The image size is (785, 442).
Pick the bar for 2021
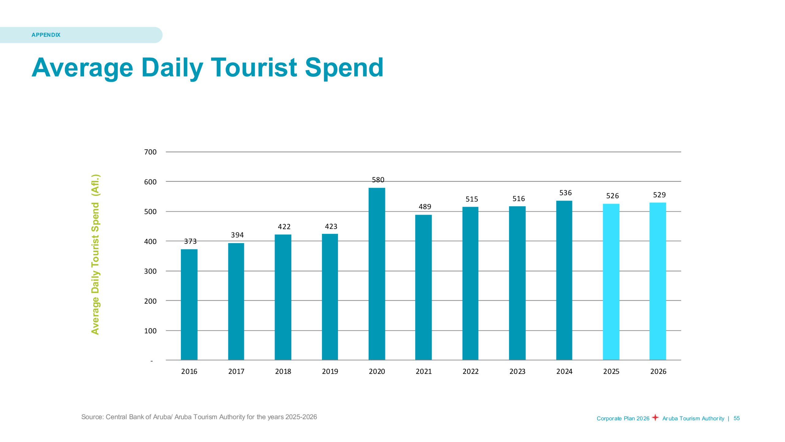pyautogui.click(x=423, y=287)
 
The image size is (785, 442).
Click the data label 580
pyautogui.click(x=378, y=180)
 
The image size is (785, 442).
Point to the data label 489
pyautogui.click(x=425, y=207)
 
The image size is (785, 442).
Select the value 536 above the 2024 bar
pyautogui.click(x=565, y=193)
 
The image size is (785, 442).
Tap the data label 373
pyautogui.click(x=190, y=241)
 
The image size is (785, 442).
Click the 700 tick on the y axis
pyautogui.click(x=150, y=152)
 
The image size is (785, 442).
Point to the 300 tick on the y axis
pyautogui.click(x=150, y=271)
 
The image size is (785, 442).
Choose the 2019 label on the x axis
pyautogui.click(x=330, y=371)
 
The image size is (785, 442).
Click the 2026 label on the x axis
pyautogui.click(x=658, y=371)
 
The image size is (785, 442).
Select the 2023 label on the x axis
pyautogui.click(x=517, y=371)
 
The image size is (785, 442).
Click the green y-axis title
pyautogui.click(x=95, y=254)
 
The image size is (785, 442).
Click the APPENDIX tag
pyautogui.click(x=46, y=35)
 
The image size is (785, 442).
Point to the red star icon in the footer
pyautogui.click(x=655, y=417)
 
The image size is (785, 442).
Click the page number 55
pyautogui.click(x=737, y=418)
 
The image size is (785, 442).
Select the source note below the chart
pyautogui.click(x=199, y=417)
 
